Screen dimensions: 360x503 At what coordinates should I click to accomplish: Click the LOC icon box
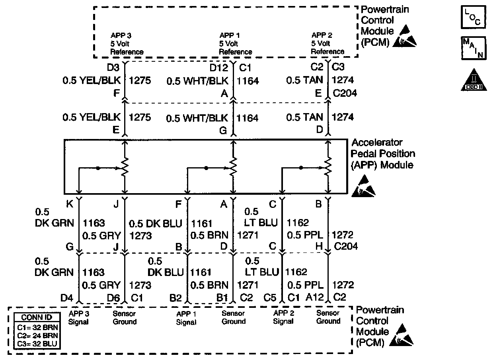coord(473,17)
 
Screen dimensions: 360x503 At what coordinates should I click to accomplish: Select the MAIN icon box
coord(473,48)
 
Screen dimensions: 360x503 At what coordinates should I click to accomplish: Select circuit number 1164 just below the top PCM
coord(248,81)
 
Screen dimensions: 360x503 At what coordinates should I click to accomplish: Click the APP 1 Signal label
coord(186,318)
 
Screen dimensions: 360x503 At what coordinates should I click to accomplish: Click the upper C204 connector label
coord(345,94)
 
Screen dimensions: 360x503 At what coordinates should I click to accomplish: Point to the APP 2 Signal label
coord(283,317)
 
